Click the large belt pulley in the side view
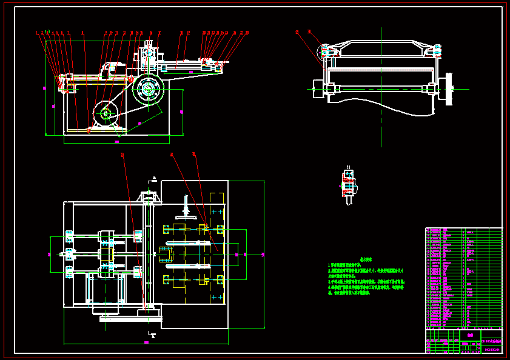click(147, 90)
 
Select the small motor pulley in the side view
click(106, 113)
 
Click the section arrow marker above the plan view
click(155, 178)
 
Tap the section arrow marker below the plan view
click(153, 335)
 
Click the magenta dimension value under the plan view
click(146, 342)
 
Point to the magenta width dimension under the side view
click(116, 142)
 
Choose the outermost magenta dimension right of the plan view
click(262, 255)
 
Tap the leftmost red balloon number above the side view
click(37, 33)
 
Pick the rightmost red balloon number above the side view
click(247, 33)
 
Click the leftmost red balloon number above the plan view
click(122, 155)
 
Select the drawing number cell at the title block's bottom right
click(492, 349)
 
